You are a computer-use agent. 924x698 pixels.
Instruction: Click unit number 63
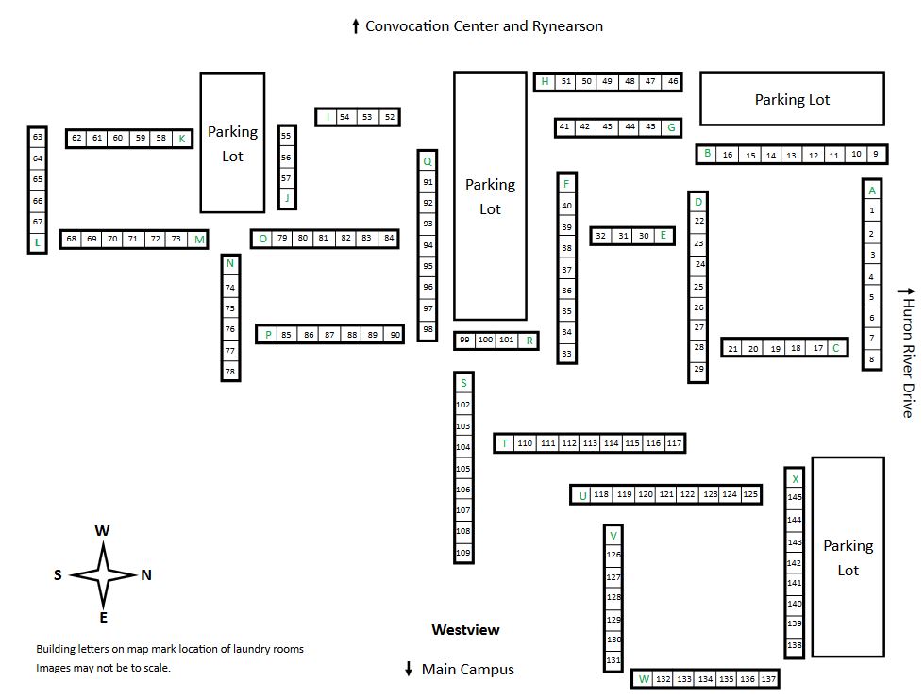[38, 138]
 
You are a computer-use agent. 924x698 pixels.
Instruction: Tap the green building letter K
[182, 139]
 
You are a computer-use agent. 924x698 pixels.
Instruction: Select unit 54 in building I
[344, 117]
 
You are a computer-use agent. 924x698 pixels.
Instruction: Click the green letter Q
[428, 161]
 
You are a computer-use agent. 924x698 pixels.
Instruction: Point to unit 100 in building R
[485, 340]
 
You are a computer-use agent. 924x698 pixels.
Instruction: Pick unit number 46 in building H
[673, 81]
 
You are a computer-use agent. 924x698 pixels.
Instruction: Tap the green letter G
[671, 127]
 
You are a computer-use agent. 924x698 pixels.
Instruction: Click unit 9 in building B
[876, 154]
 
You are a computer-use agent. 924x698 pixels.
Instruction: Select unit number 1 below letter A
[872, 211]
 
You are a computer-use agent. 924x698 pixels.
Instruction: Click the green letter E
[663, 235]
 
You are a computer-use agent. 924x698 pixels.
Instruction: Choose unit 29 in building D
[698, 369]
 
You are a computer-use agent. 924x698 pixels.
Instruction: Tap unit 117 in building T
[674, 443]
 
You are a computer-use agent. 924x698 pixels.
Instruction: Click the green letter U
[582, 495]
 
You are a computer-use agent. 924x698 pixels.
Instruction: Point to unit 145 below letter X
[795, 496]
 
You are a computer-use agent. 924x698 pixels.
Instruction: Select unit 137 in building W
[768, 679]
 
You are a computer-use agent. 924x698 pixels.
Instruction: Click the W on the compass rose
[102, 530]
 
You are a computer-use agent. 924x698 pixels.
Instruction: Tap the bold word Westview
[465, 630]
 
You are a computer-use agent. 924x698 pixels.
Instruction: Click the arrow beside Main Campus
[409, 669]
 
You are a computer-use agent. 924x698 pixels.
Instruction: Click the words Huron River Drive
[909, 358]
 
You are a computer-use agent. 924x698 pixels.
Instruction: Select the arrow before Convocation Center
[355, 25]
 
